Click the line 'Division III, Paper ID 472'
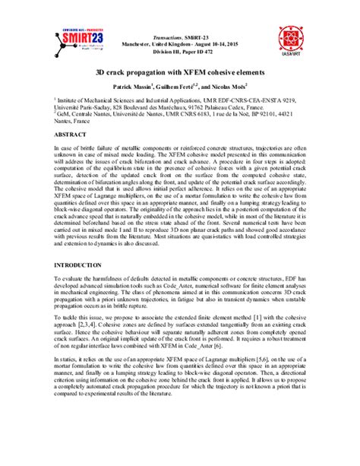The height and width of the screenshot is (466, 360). pos(180,60)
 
